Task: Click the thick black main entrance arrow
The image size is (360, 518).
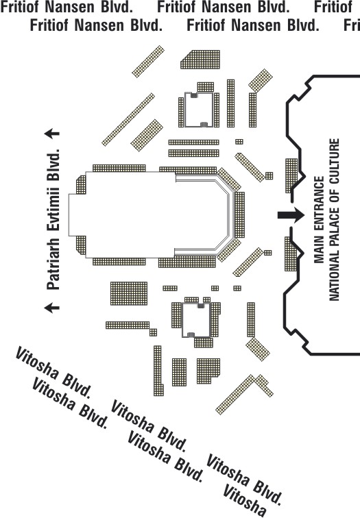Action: point(291,215)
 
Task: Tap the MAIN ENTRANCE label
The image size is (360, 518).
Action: point(319,220)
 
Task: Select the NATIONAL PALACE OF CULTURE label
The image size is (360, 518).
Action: point(334,220)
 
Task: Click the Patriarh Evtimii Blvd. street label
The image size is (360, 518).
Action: point(53,219)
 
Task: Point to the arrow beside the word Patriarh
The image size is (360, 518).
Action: point(52,308)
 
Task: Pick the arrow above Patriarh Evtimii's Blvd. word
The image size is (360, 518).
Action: point(52,134)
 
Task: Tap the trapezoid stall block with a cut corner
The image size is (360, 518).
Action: point(200,60)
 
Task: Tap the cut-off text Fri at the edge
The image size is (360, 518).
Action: point(352,25)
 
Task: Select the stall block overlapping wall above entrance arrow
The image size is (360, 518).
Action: point(291,175)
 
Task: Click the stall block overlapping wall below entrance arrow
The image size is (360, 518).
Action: point(291,254)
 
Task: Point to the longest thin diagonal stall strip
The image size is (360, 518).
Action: point(128,119)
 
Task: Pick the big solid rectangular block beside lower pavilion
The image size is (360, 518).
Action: point(129,293)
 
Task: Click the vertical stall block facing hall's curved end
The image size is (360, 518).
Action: point(240,214)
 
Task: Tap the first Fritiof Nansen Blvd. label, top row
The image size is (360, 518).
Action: point(67,7)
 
